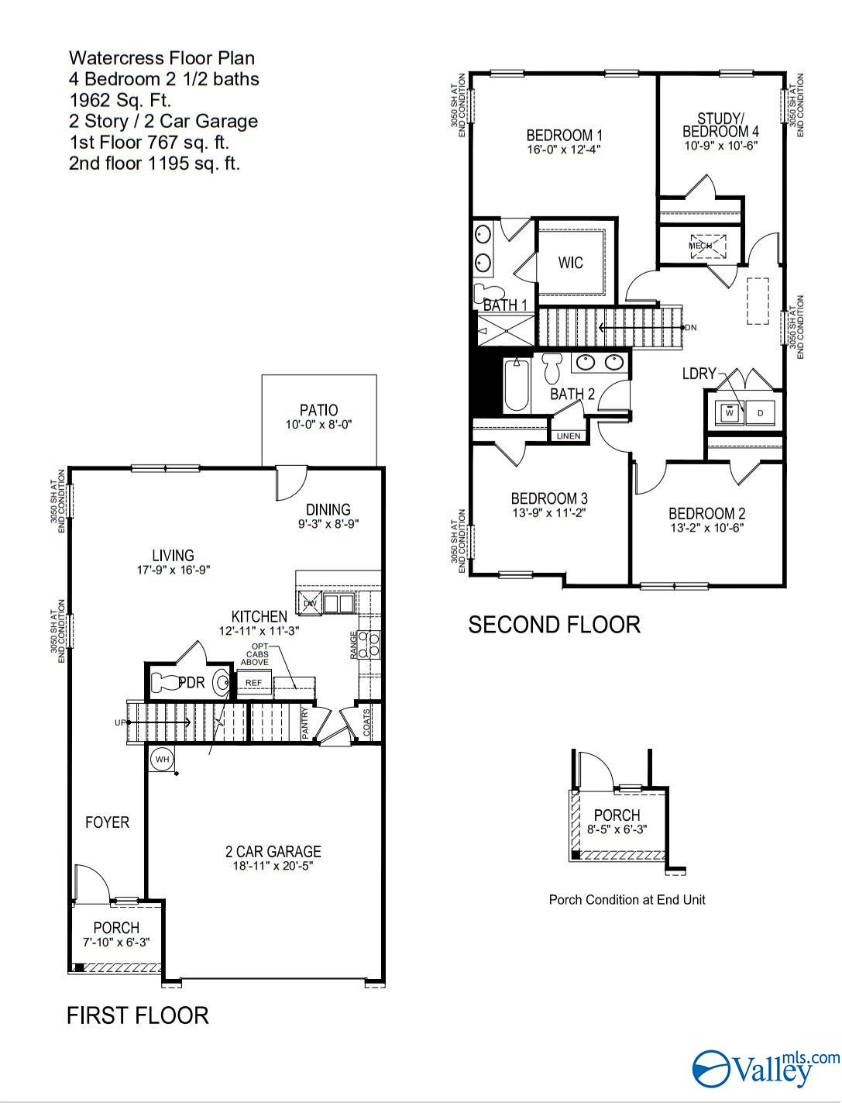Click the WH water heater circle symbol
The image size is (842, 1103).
pos(162,759)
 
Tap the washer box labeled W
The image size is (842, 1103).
pos(729,413)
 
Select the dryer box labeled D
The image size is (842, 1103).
pos(760,413)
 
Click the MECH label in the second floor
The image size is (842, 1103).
pos(700,246)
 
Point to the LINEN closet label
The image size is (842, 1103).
pos(568,436)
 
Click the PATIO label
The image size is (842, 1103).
pos(319,410)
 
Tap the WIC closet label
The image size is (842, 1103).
pos(570,263)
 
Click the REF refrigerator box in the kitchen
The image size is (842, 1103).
pos(253,683)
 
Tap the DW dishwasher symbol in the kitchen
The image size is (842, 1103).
pos(311,603)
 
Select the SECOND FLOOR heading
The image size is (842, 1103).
pos(554,625)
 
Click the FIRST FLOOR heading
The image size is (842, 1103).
pos(137,1015)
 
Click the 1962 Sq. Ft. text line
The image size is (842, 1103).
pos(119,100)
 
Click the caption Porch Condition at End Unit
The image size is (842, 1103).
pos(627,900)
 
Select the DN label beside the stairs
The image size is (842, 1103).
pos(690,328)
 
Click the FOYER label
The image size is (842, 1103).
pos(107,822)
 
